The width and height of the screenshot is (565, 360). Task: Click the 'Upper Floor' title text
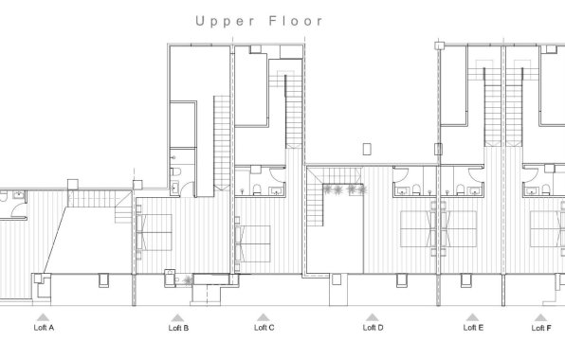pos(259,19)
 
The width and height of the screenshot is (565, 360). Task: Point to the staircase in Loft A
pos(92,198)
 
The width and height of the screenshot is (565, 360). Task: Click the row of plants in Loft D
pos(343,189)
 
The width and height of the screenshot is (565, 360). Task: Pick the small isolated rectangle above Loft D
pos(367,148)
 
